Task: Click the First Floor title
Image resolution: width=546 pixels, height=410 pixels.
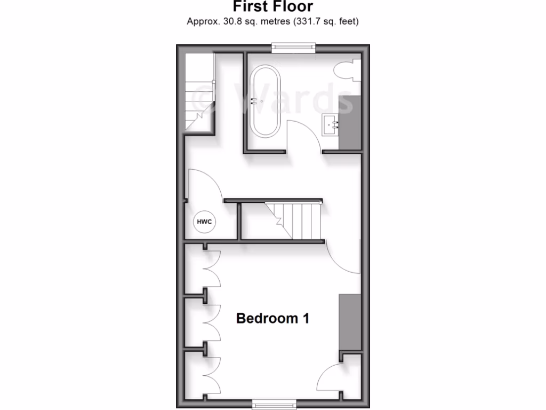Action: (272, 7)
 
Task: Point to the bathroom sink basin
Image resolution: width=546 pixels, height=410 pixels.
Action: (331, 125)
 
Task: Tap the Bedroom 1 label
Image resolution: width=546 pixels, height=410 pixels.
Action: (272, 319)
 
